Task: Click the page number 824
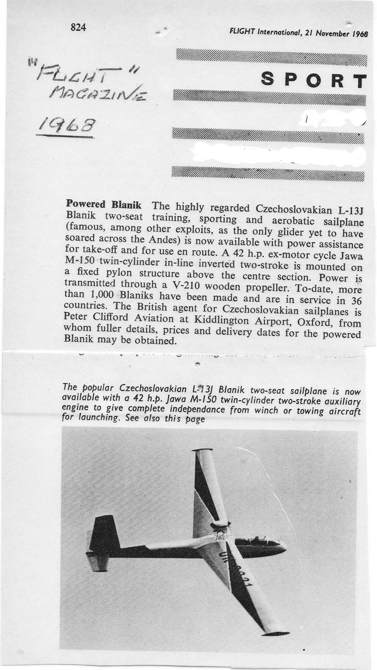pyautogui.click(x=78, y=27)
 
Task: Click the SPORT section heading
pyautogui.click(x=313, y=81)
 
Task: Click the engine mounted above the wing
pyautogui.click(x=220, y=526)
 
